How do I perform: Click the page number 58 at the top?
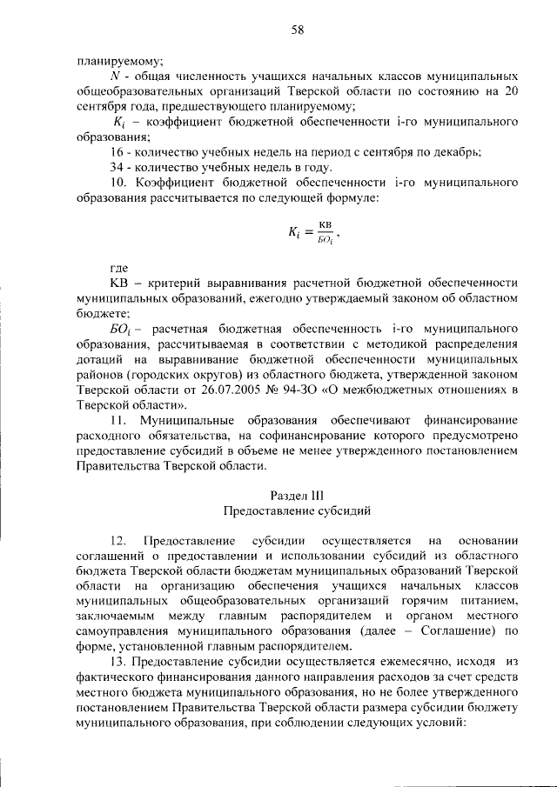[297, 30]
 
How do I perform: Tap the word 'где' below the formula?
[118, 269]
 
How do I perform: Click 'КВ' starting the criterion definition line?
[119, 283]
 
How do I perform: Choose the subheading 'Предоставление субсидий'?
[297, 510]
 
